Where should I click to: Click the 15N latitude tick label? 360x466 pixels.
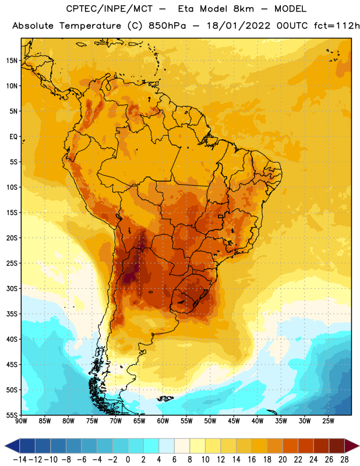pyautogui.click(x=12, y=61)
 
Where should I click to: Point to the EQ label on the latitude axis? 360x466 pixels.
pyautogui.click(x=13, y=137)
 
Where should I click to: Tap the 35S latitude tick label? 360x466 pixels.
pyautogui.click(x=12, y=314)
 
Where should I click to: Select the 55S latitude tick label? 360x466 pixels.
pyautogui.click(x=12, y=415)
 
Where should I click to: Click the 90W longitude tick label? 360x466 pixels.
pyautogui.click(x=21, y=421)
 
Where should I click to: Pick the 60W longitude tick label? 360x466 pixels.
pyautogui.click(x=163, y=421)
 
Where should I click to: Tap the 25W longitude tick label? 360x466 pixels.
pyautogui.click(x=328, y=421)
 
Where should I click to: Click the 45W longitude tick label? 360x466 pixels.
pyautogui.click(x=234, y=421)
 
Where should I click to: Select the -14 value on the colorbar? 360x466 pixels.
pyautogui.click(x=20, y=460)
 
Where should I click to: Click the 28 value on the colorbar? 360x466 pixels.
pyautogui.click(x=344, y=460)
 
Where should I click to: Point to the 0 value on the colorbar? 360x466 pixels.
pyautogui.click(x=128, y=460)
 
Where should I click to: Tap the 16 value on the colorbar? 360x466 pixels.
pyautogui.click(x=252, y=460)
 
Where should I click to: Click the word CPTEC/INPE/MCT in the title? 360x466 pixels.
pyautogui.click(x=110, y=9)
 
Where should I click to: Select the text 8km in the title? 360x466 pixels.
pyautogui.click(x=243, y=9)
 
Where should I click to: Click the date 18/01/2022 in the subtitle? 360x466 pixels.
pyautogui.click(x=238, y=26)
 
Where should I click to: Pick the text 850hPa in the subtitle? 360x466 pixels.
pyautogui.click(x=167, y=26)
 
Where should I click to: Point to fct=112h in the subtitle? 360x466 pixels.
pyautogui.click(x=337, y=26)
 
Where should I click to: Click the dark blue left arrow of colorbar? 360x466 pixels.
pyautogui.click(x=12, y=446)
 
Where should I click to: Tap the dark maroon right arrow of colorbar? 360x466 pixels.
pyautogui.click(x=352, y=446)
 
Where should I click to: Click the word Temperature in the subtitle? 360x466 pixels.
pyautogui.click(x=90, y=26)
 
